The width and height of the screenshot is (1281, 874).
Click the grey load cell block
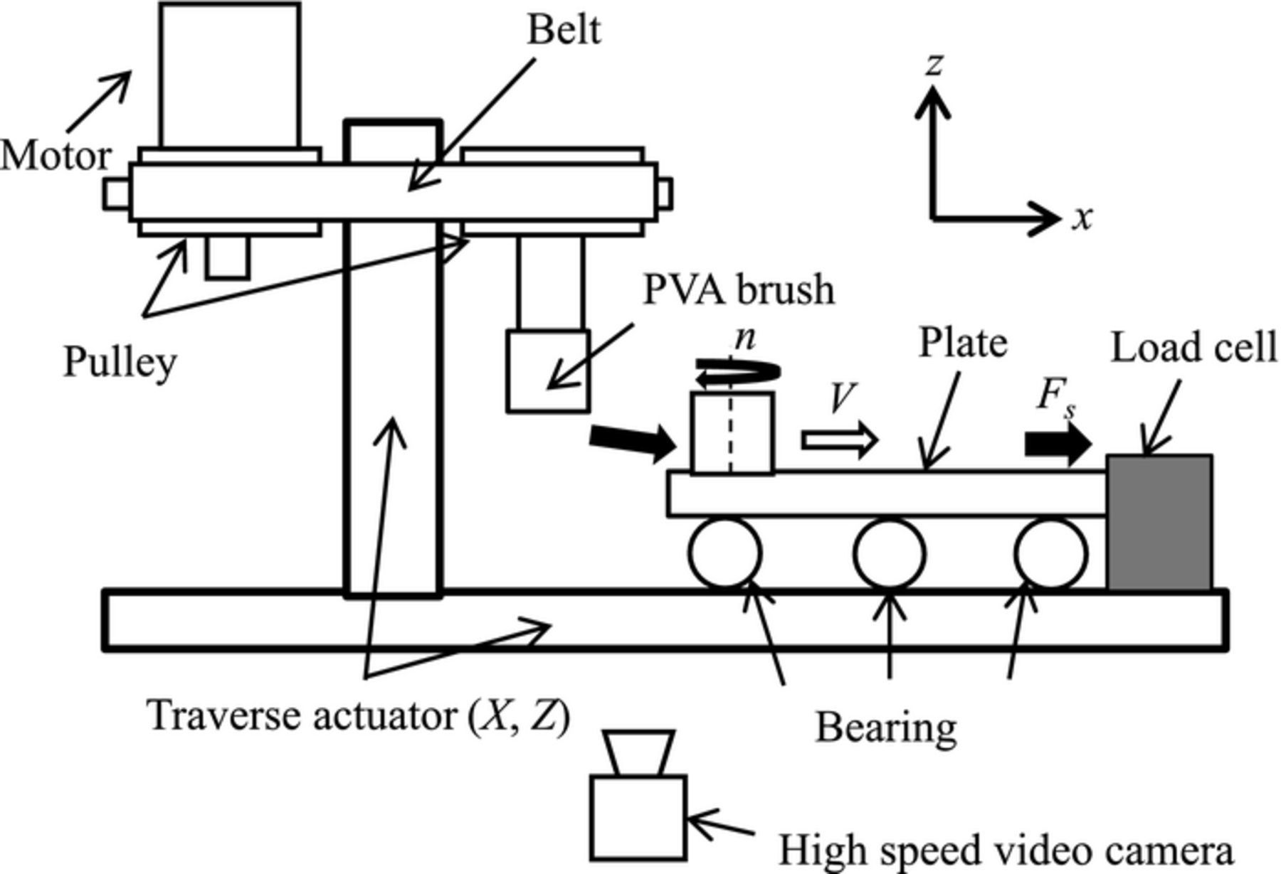coord(1159,523)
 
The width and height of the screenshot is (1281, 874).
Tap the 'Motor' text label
coord(56,156)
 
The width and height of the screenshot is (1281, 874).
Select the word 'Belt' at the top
coord(564,30)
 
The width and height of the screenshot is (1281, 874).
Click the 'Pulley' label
coord(120,362)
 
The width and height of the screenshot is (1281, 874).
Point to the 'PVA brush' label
coord(738,289)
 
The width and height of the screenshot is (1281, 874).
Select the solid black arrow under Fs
coord(1058,444)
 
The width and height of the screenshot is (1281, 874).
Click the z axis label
coord(934,64)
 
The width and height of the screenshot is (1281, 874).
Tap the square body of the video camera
coord(639,816)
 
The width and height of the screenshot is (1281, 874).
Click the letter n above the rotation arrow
coord(744,338)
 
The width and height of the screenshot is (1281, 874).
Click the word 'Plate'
coord(963,343)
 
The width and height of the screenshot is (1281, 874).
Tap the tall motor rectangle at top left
coord(230,75)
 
